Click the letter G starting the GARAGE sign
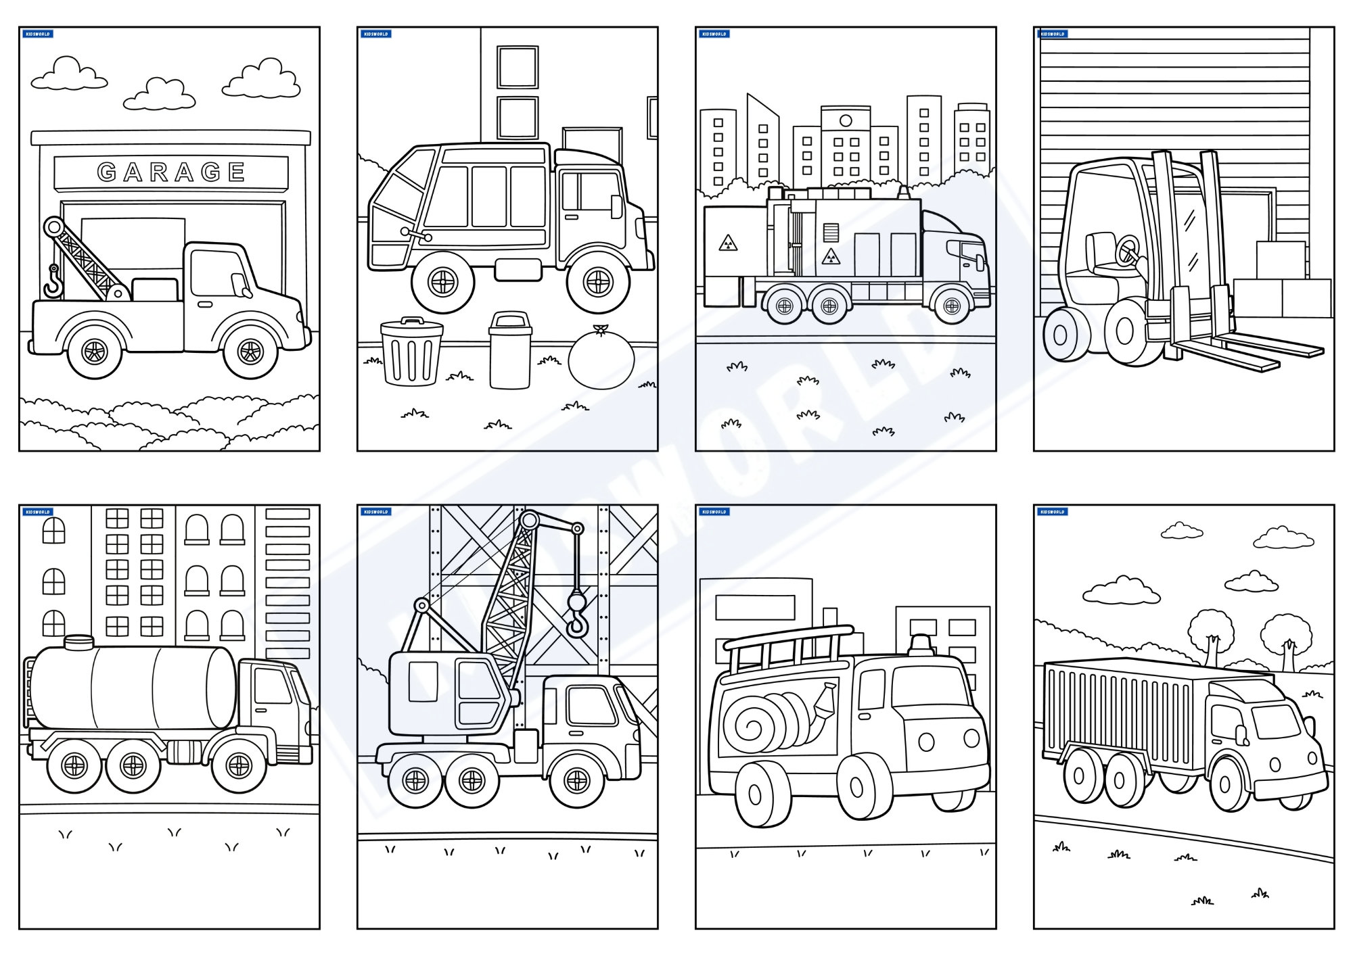coord(107,172)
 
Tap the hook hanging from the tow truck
coord(52,283)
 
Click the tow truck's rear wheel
coord(94,351)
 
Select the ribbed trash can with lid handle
coord(411,352)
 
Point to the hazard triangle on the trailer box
coord(728,243)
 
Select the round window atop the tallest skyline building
coord(846,120)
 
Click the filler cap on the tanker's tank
coord(78,642)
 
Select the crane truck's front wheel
coord(576,781)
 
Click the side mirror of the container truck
coord(1242,735)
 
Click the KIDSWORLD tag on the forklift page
coord(1053,34)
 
